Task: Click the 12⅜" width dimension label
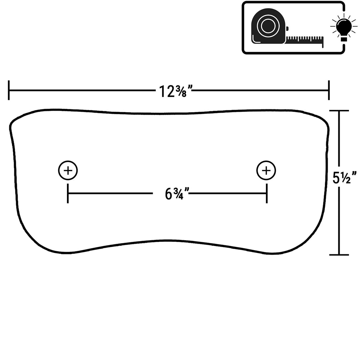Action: pos(176,91)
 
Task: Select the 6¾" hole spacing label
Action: pos(177,194)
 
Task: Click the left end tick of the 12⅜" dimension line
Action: pos(9,90)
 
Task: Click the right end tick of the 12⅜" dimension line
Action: pos(329,90)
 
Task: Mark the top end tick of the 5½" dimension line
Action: pos(339,111)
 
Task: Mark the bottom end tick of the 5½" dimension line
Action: pos(339,255)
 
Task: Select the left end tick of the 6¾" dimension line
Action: pos(68,193)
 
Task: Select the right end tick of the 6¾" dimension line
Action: pos(267,193)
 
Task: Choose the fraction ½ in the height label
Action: pos(346,177)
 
